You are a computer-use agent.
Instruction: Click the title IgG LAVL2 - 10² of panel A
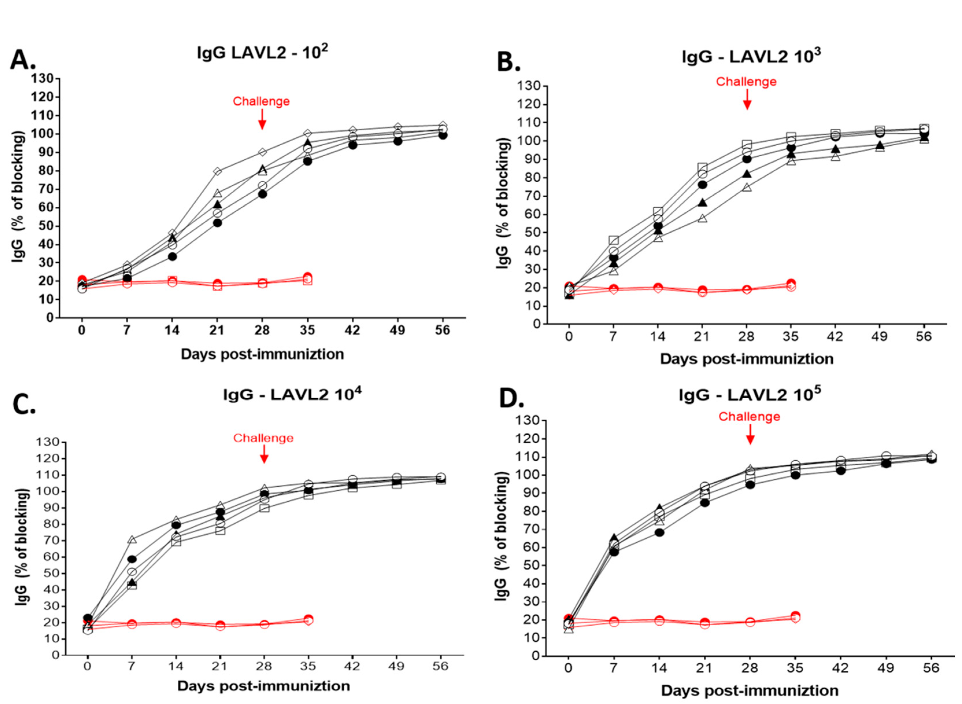tap(262, 53)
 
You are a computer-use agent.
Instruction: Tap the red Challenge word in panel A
tap(261, 101)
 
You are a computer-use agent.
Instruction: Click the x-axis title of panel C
tap(263, 686)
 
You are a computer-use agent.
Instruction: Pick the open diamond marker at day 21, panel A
tap(217, 171)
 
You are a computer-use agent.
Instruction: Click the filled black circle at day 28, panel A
tap(262, 194)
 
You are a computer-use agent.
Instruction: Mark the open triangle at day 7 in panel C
tap(132, 540)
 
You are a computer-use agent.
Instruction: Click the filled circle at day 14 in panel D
tap(659, 532)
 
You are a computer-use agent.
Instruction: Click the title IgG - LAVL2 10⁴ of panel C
tap(292, 394)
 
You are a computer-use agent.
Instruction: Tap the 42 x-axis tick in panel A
tap(352, 331)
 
